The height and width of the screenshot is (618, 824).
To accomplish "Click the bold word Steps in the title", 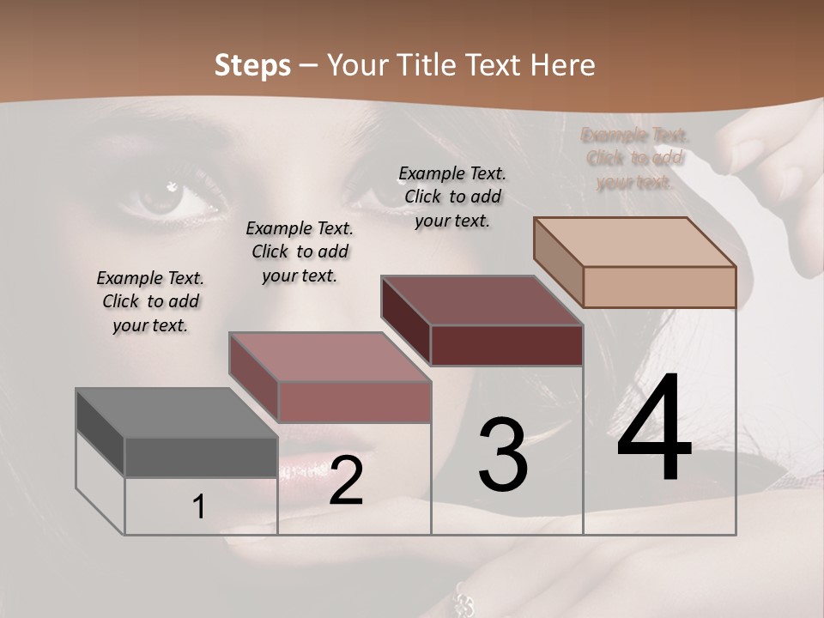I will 251,65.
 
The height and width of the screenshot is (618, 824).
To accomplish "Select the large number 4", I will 654,429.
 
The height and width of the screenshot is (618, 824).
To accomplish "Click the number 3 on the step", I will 502,455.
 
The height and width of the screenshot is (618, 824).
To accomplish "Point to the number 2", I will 346,481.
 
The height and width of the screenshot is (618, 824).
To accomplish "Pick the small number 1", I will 199,507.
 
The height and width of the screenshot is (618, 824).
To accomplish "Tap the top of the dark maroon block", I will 482,300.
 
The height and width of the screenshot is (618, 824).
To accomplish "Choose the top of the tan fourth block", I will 634,242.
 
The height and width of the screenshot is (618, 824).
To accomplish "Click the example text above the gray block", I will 150,301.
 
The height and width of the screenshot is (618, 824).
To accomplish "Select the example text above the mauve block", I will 300,251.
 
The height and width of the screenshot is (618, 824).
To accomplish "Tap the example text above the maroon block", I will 452,197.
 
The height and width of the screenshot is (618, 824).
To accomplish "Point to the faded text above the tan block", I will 634,159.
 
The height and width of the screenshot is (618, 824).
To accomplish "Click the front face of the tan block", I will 659,287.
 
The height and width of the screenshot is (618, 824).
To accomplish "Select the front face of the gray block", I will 201,457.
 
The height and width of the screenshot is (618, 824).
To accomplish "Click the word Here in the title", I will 563,65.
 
